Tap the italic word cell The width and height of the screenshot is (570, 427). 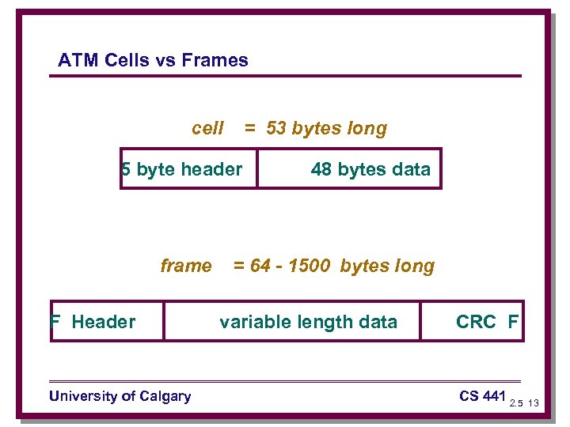[207, 128]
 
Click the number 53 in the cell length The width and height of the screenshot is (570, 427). [276, 128]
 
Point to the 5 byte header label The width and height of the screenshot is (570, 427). [182, 169]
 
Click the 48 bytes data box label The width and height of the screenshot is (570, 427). [370, 169]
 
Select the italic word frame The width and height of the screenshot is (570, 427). [186, 266]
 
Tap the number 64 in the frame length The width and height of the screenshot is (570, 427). [260, 266]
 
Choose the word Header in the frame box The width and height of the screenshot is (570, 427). [103, 322]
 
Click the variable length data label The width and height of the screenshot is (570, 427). [308, 322]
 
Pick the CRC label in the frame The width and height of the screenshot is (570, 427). [476, 322]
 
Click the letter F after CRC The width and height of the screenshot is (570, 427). [513, 322]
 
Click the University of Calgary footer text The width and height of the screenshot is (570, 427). [120, 396]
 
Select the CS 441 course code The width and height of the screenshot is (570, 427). [481, 395]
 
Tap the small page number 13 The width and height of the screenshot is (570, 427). [533, 403]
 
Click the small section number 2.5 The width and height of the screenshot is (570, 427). [515, 403]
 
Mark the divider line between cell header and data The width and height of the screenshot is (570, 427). [257, 168]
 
